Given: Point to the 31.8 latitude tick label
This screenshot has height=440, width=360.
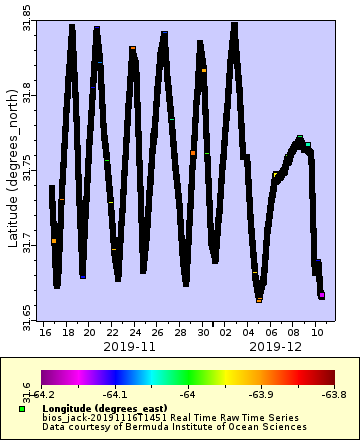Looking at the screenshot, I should [27, 96].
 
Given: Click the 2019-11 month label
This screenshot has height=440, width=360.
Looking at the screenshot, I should [130, 346].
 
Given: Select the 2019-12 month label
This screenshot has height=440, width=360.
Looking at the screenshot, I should [276, 346].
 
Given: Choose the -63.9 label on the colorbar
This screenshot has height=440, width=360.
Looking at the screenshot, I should [261, 394].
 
